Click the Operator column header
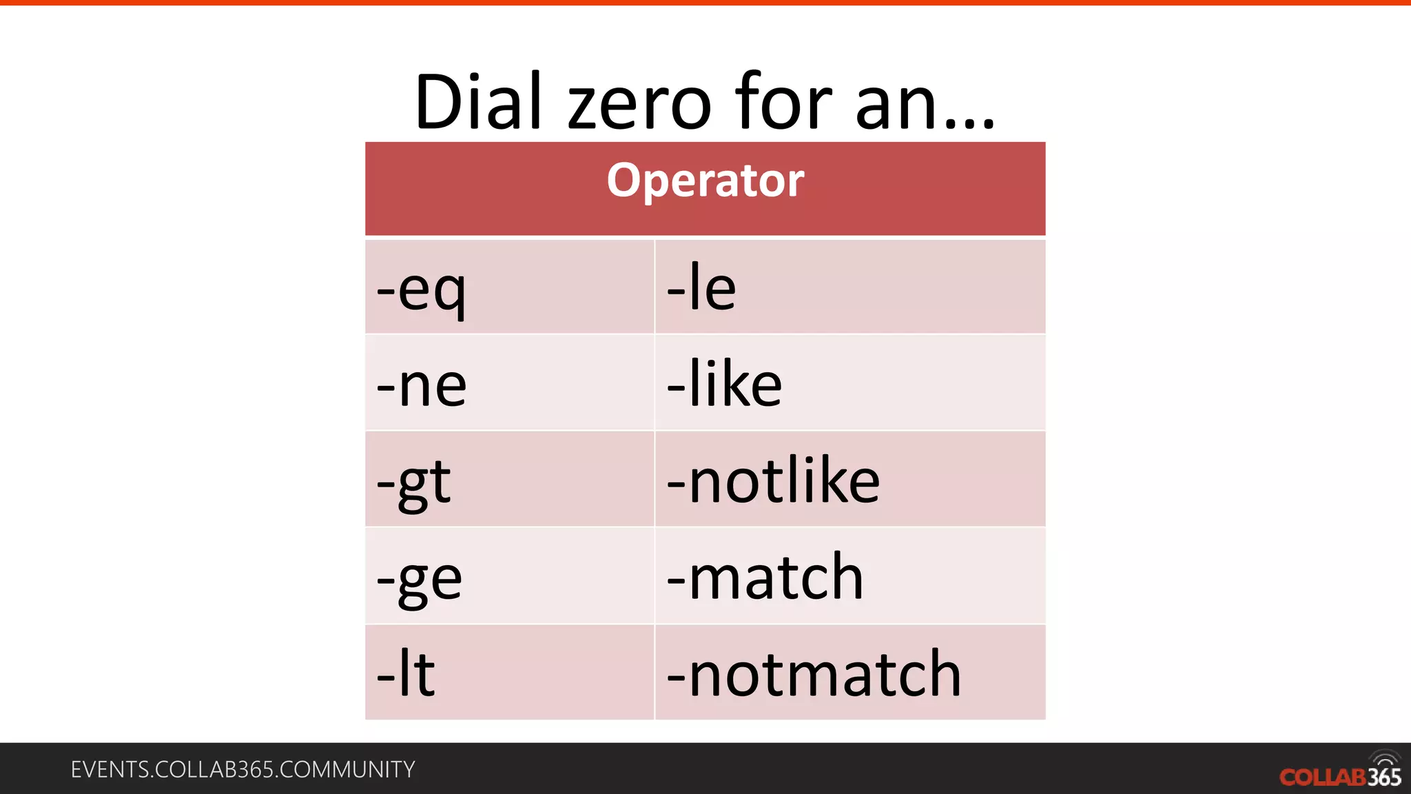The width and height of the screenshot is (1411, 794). click(705, 181)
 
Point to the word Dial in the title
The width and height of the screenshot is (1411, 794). click(478, 102)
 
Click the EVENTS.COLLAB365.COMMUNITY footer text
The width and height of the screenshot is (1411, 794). click(243, 769)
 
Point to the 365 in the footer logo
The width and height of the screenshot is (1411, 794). click(1384, 777)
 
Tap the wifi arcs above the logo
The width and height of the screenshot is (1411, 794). click(1385, 758)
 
